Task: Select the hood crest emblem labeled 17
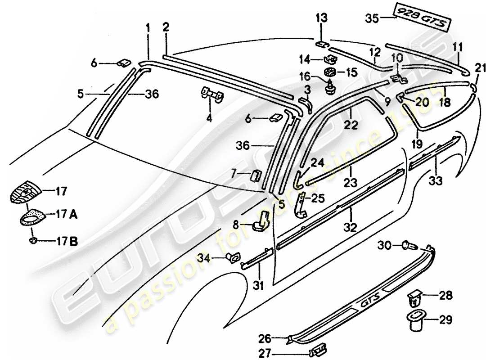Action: coord(26,191)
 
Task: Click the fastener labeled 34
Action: coord(232,258)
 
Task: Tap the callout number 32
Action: coord(351,227)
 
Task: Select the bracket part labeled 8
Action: coord(262,221)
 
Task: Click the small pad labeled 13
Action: coord(321,44)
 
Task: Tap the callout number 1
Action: coord(148,28)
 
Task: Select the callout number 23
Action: coord(351,183)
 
